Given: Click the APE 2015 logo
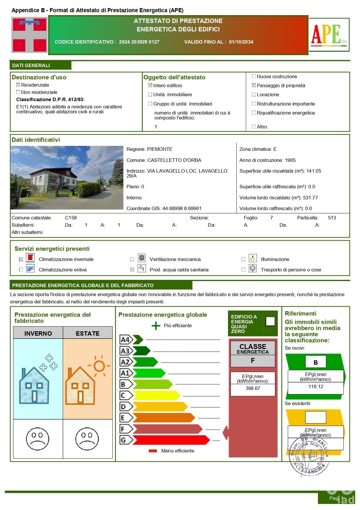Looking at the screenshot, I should (329, 35).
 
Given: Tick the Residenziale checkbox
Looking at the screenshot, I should (18, 85).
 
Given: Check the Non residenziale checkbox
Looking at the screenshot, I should (18, 92).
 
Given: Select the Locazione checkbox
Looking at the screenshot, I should (254, 94).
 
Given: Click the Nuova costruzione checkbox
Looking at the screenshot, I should (254, 76).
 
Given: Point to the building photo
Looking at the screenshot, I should (67, 178).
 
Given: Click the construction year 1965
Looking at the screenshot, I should (290, 160).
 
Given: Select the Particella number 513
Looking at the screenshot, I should (332, 218).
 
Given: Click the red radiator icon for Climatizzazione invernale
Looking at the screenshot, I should (30, 258).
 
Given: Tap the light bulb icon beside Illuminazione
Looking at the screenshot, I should (253, 258).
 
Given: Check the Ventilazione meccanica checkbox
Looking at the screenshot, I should (132, 259).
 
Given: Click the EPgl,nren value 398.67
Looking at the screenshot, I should (253, 388).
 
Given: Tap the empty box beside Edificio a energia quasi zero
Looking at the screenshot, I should (270, 321).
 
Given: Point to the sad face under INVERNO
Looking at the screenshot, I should (38, 439).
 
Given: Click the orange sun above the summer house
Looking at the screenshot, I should (99, 366).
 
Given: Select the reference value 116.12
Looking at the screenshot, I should (316, 386).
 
